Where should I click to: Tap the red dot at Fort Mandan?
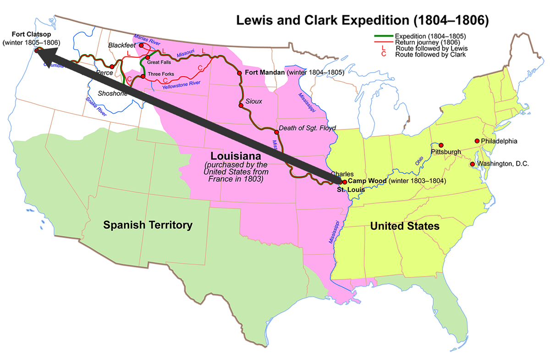(x=239, y=73)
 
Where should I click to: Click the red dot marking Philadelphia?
(x=477, y=141)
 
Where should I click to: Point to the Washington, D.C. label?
(x=503, y=163)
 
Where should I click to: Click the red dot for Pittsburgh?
(x=441, y=145)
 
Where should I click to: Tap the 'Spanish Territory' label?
(x=148, y=225)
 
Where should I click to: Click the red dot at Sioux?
(x=241, y=105)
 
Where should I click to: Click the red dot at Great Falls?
(x=148, y=57)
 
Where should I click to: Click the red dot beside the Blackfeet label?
(x=141, y=45)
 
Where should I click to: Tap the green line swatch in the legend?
(x=384, y=36)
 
